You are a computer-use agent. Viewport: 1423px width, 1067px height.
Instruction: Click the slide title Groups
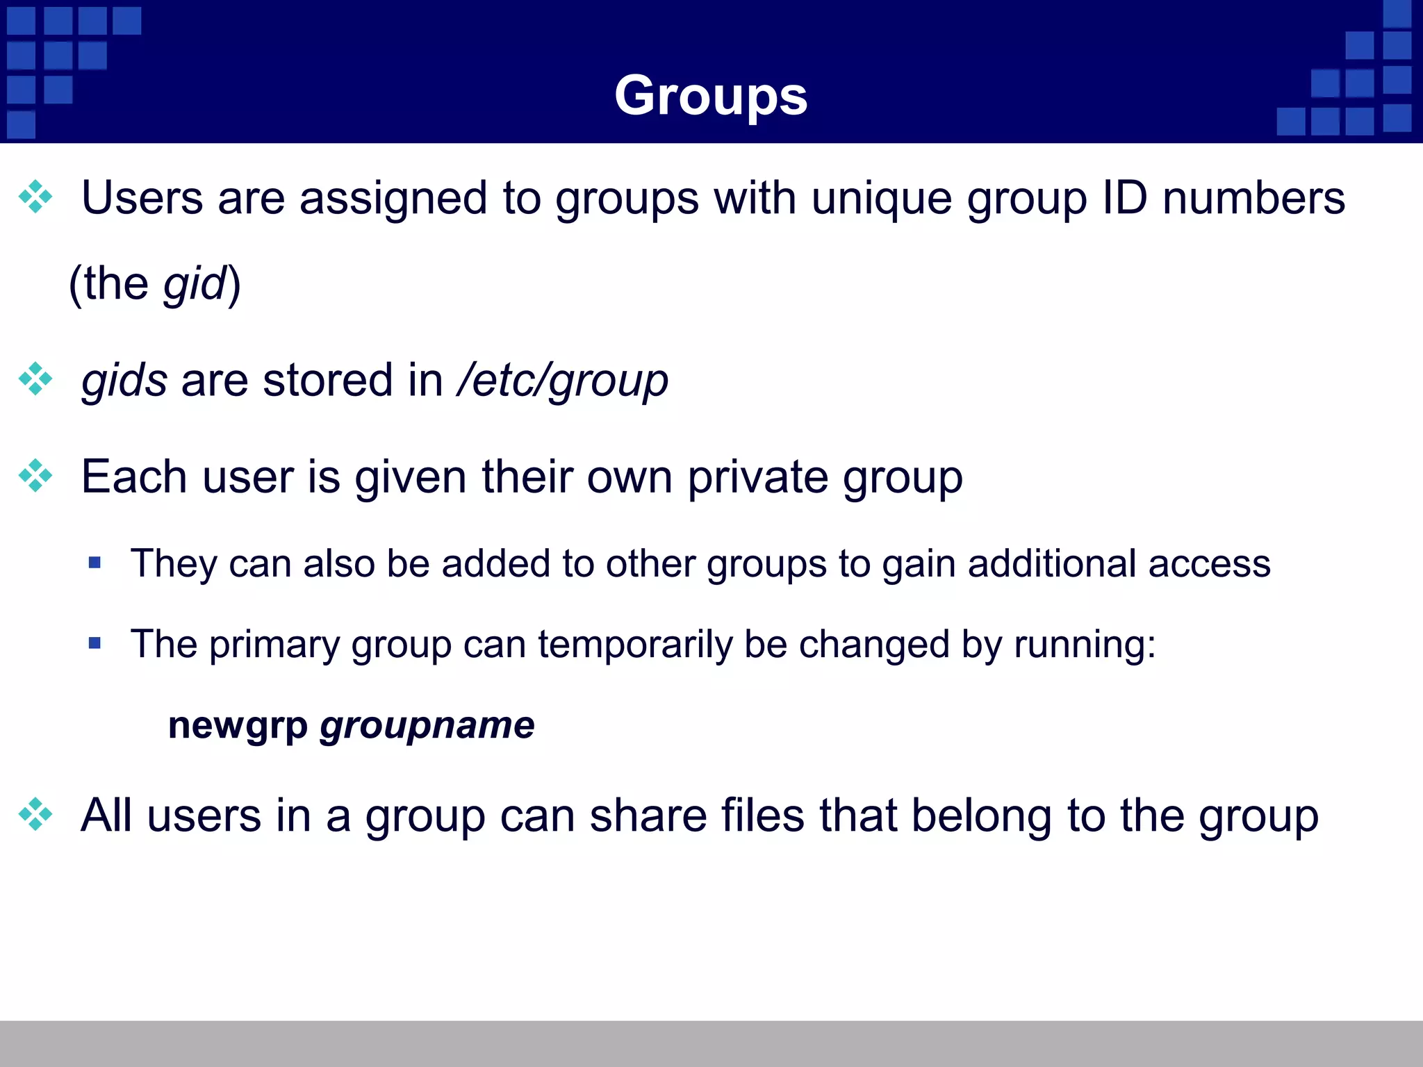click(711, 97)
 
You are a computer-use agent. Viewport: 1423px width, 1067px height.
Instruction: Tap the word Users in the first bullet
click(142, 199)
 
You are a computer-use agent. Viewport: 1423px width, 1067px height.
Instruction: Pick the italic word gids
click(124, 381)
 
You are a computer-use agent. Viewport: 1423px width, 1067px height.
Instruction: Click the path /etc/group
click(562, 381)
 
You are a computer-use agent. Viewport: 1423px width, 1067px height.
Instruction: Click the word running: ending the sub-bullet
click(1085, 645)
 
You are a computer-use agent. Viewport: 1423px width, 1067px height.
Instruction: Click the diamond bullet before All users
click(35, 814)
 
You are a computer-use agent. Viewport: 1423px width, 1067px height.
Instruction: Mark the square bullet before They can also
click(95, 562)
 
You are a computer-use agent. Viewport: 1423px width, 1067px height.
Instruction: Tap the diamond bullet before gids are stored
click(35, 379)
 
